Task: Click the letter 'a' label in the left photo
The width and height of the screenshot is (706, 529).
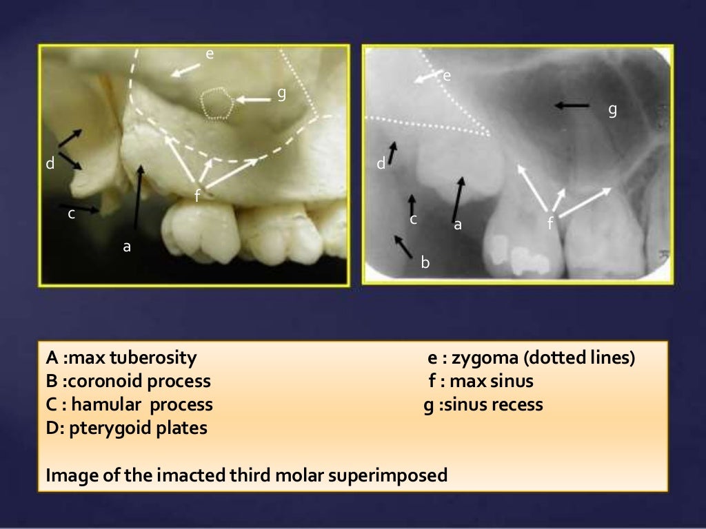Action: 126,246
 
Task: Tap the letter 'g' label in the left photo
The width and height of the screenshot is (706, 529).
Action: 281,94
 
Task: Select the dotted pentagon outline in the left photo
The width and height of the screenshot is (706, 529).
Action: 217,104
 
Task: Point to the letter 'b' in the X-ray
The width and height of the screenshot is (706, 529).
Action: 425,262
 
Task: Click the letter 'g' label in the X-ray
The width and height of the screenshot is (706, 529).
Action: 612,110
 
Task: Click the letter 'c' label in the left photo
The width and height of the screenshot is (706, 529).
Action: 71,214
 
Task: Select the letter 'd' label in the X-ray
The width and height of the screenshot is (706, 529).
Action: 381,164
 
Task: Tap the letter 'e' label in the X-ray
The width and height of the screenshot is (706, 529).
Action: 447,76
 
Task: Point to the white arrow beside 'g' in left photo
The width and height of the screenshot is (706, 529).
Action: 254,100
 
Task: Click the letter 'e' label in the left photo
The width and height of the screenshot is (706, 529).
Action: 210,53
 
